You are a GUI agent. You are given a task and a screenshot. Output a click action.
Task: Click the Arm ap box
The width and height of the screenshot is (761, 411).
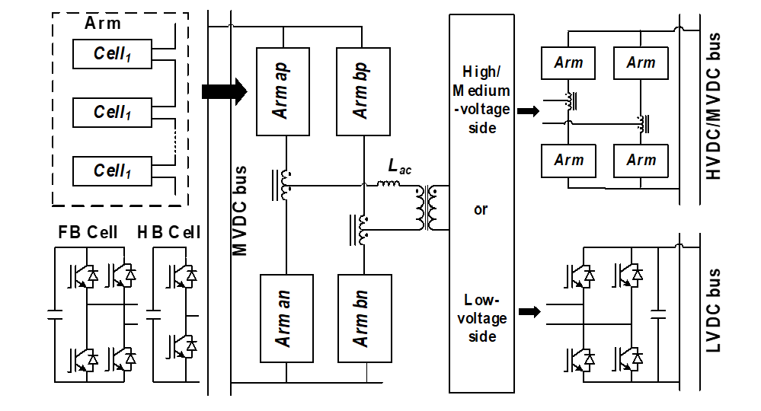(284, 91)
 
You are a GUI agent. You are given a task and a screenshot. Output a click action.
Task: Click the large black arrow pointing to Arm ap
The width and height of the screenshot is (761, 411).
(224, 91)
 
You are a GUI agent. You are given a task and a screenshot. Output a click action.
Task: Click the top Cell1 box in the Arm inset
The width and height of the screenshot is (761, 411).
(113, 54)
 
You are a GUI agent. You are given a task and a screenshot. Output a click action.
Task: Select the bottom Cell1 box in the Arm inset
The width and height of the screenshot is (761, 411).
(113, 170)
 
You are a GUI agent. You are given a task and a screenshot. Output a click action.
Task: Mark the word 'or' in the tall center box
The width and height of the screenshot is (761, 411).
(481, 209)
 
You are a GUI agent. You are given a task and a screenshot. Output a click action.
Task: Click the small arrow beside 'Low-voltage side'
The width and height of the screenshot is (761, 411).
(530, 311)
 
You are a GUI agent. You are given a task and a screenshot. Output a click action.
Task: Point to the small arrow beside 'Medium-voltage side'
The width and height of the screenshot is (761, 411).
(527, 111)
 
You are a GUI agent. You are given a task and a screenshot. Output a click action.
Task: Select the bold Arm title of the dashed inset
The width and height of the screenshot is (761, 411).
(103, 22)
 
